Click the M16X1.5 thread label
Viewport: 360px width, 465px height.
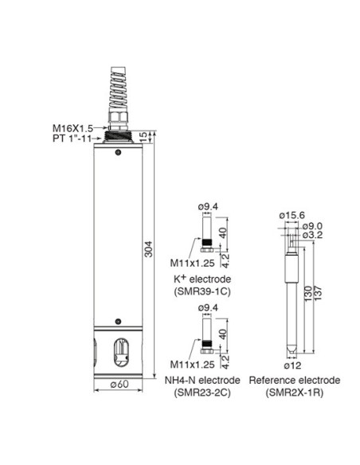72,128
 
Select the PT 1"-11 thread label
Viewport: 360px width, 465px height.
72,139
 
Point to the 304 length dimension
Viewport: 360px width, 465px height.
148,248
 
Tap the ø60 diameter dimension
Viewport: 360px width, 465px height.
119,385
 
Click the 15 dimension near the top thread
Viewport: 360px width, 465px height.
143,137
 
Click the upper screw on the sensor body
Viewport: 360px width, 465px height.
119,152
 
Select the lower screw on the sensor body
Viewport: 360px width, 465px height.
119,321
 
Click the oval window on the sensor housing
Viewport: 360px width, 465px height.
121,353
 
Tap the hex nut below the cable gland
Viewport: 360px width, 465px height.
119,116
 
